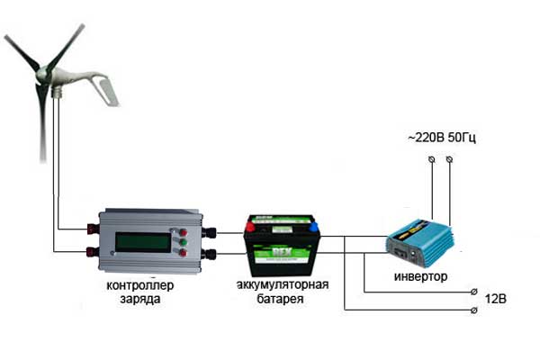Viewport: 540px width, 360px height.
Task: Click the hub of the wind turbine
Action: pyautogui.click(x=42, y=74)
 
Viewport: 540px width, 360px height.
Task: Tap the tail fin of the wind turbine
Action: pyautogui.click(x=105, y=89)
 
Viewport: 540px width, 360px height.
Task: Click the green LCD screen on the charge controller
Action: pyautogui.click(x=143, y=242)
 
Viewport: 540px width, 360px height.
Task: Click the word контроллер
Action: pyautogui.click(x=140, y=285)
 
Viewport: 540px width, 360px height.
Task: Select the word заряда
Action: pyautogui.click(x=140, y=299)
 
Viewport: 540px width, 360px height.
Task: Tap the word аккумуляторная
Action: pyautogui.click(x=283, y=284)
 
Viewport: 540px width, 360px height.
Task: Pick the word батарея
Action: pyautogui.click(x=280, y=298)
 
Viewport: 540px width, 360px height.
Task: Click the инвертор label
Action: pyautogui.click(x=421, y=276)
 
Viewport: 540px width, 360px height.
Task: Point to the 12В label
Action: pyautogui.click(x=496, y=298)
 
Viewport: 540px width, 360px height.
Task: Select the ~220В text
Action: pyautogui.click(x=427, y=138)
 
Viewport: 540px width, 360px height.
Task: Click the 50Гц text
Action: pyautogui.click(x=462, y=138)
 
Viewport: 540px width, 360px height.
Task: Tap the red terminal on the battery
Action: pyautogui.click(x=250, y=226)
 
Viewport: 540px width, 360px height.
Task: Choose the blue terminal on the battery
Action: pyautogui.click(x=313, y=226)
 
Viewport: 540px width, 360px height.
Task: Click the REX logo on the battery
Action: pyautogui.click(x=282, y=252)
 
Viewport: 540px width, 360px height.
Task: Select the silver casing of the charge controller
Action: pyautogui.click(x=149, y=241)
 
